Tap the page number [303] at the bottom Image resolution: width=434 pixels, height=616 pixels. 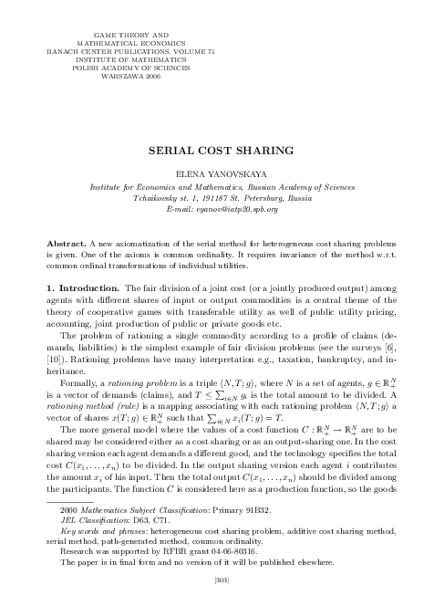[x=217, y=603]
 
